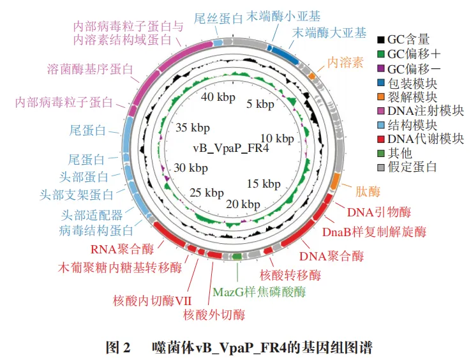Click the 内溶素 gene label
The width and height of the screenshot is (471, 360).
345,63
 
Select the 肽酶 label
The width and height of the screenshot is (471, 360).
367,191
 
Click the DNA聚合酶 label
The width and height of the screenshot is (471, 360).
331,257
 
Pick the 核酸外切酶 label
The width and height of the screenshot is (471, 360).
213,315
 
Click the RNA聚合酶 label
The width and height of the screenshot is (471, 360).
121,248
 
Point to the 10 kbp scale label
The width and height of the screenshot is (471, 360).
277,139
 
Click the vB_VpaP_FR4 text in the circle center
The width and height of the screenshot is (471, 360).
230,149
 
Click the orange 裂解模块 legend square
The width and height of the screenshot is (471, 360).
381,97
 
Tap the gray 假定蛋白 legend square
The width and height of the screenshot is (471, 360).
381,167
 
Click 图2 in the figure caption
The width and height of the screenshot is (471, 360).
118,348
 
